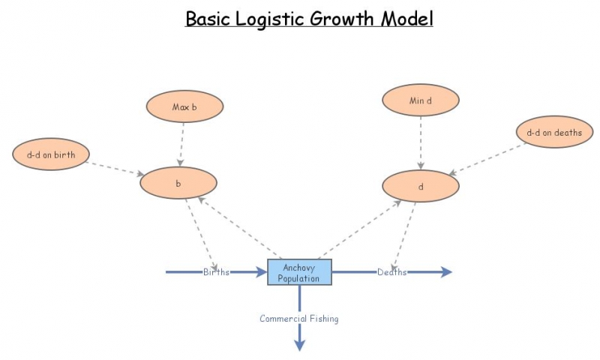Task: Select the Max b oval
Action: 184,106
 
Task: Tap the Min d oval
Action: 421,100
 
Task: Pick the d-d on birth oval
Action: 51,155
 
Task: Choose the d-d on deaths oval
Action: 554,133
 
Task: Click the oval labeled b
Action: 178,183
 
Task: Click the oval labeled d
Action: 421,186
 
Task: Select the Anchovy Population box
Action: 299,272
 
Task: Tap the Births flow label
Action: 217,272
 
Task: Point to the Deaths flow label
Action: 391,272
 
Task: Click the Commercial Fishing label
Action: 299,319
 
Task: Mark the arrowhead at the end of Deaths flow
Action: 447,272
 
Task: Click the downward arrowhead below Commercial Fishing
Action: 299,344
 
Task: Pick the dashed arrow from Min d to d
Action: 421,142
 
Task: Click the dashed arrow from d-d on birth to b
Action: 116,166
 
